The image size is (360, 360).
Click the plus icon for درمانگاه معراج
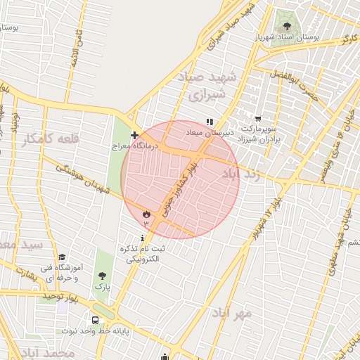[134, 135]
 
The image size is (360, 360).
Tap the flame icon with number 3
[146, 213]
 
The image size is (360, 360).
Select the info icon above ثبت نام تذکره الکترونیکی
[143, 239]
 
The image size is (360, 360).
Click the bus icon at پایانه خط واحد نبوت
[96, 320]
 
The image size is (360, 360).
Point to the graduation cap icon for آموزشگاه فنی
[62, 257]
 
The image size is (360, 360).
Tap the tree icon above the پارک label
[103, 276]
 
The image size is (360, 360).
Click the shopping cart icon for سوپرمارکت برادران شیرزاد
[258, 120]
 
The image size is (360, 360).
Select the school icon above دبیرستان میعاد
[209, 121]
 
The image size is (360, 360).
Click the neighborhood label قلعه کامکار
[51, 139]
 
